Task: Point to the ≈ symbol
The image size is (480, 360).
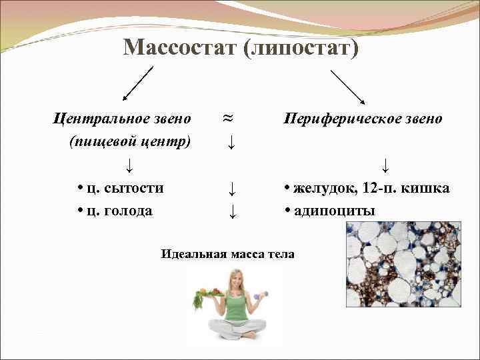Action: (227, 117)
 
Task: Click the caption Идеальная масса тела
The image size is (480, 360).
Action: (227, 254)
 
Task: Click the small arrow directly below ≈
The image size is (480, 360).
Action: (229, 141)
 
